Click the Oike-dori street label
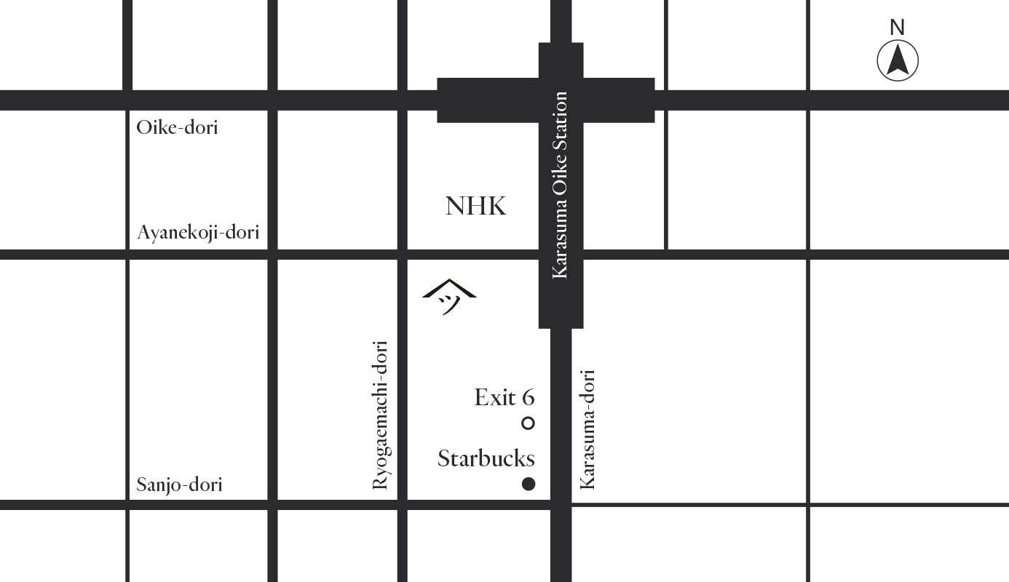tap(177, 128)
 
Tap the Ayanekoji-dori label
tap(198, 233)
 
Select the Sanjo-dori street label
tap(179, 485)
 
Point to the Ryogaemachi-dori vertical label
tap(380, 415)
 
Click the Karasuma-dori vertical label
tap(587, 429)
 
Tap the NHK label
tap(475, 207)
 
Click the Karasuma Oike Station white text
tap(560, 185)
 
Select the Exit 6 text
tap(504, 398)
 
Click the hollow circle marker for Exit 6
tap(529, 423)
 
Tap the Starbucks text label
tap(486, 459)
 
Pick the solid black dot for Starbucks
tap(529, 484)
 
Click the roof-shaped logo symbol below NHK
tap(449, 297)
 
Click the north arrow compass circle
tap(898, 60)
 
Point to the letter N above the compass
tap(898, 28)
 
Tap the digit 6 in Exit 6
tap(527, 398)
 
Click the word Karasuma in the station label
tap(560, 245)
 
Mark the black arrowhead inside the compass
tap(898, 59)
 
